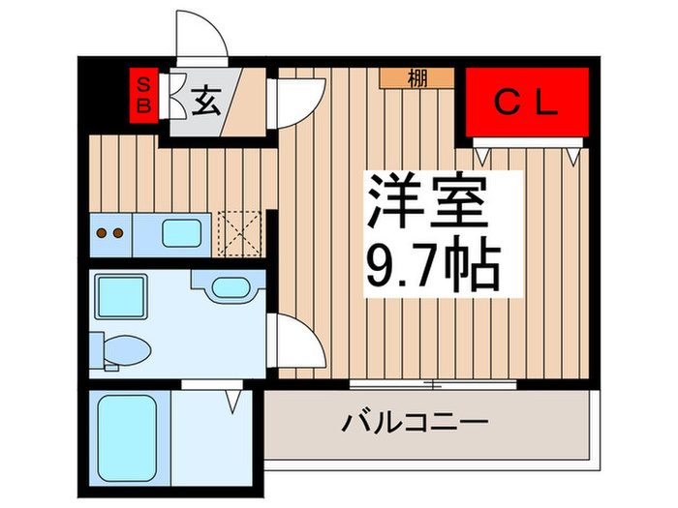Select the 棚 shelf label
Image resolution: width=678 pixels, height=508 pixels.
(x=416, y=79)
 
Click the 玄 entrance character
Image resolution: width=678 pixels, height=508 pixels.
(x=203, y=100)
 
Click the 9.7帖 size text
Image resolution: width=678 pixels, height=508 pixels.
(x=432, y=262)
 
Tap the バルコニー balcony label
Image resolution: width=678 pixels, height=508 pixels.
(x=415, y=423)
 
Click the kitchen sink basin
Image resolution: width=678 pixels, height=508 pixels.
(x=182, y=233)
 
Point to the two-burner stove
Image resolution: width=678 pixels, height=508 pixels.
(x=111, y=233)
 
